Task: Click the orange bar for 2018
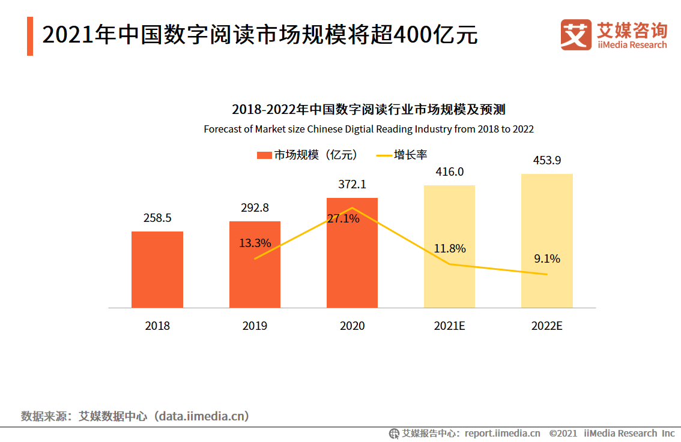(x=157, y=269)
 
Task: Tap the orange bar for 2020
(x=352, y=264)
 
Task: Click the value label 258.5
(x=157, y=218)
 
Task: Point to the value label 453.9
(x=547, y=161)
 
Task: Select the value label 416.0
(x=450, y=172)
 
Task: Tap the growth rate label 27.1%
(x=343, y=219)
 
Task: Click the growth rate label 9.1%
(x=546, y=259)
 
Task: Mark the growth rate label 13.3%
(x=255, y=243)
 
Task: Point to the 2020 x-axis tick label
(x=352, y=326)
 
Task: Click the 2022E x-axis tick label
(x=546, y=326)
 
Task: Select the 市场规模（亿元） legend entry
(x=307, y=155)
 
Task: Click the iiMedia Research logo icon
(x=576, y=35)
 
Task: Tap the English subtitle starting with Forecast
(x=368, y=129)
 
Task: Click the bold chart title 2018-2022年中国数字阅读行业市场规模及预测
(x=368, y=110)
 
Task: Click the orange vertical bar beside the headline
(x=30, y=36)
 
